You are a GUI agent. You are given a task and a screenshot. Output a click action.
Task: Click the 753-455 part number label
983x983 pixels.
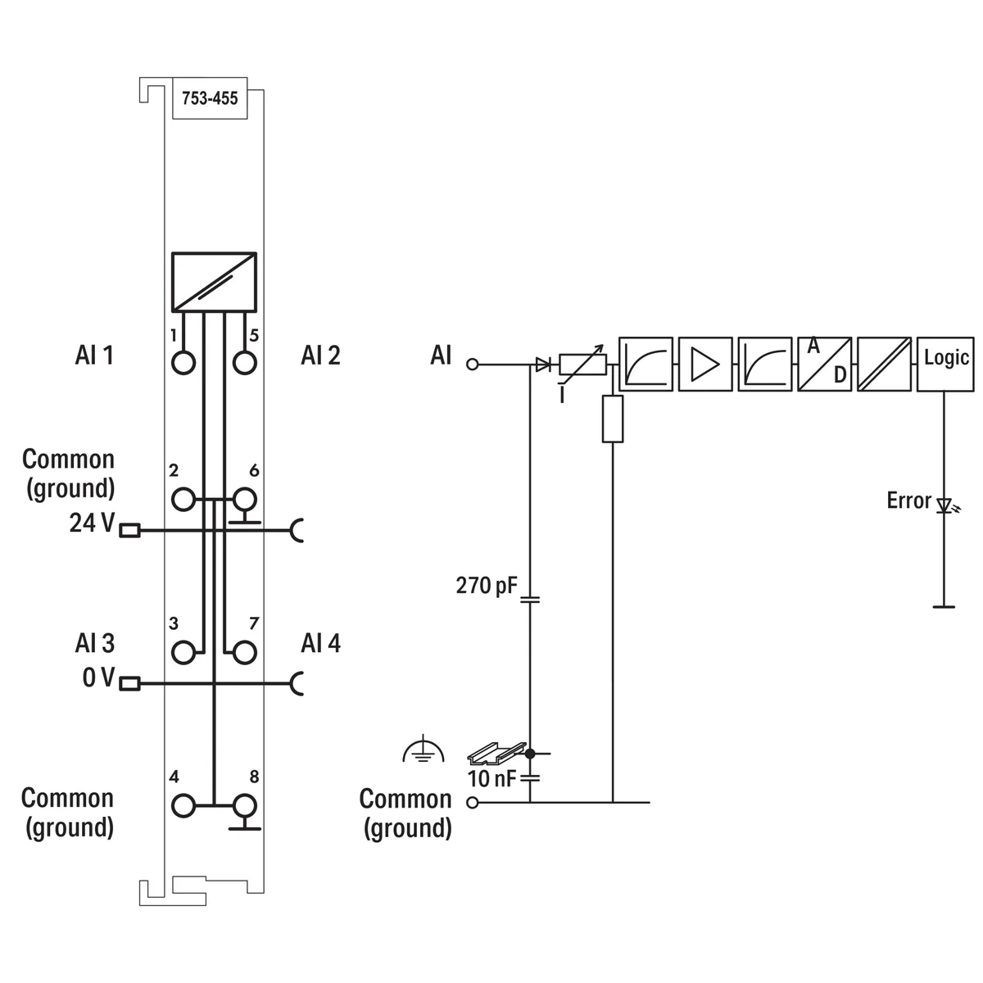pos(210,98)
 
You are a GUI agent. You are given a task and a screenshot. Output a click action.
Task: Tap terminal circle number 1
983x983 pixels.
pos(184,361)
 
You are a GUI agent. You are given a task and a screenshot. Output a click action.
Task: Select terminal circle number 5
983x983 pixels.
pos(244,361)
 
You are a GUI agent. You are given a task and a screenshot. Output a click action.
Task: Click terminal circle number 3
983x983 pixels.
pos(184,652)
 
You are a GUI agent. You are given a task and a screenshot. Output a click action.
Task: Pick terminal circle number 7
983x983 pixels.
pos(244,652)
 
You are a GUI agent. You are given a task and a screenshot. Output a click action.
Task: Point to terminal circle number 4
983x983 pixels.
pos(184,805)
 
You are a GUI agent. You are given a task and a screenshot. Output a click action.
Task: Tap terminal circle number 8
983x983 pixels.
pos(244,805)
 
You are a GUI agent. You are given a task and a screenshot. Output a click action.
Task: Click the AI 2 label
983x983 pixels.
pos(320,356)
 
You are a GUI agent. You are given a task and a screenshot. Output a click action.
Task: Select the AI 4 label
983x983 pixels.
pos(320,643)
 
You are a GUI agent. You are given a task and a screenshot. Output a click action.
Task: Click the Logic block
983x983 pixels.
pos(945,364)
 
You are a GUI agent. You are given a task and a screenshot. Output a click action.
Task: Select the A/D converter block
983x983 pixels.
pos(824,364)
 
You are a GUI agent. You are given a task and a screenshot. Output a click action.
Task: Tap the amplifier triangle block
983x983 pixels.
pos(705,364)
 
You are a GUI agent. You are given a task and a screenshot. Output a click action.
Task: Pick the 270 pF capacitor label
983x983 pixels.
pos(487,586)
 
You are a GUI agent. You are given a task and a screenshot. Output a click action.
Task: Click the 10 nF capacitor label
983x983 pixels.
pos(491,778)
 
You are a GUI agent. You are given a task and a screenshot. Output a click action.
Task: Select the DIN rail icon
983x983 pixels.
pos(495,751)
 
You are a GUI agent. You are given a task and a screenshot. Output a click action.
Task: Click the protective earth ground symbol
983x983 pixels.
pos(424,750)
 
